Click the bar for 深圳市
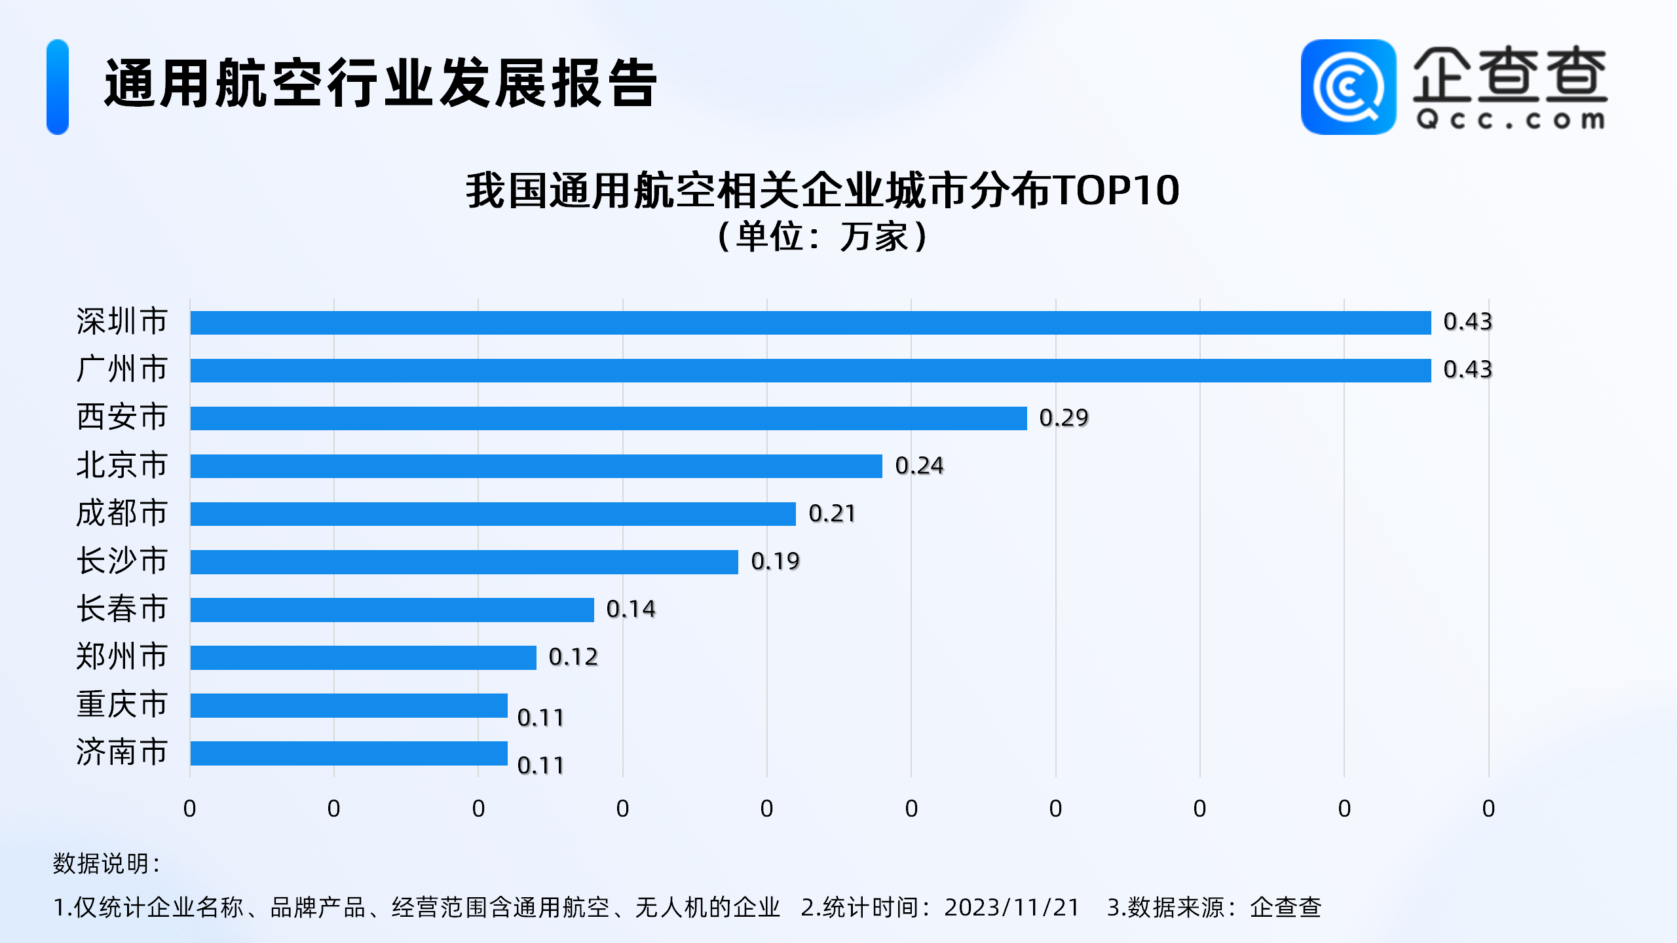point(810,323)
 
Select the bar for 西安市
point(608,418)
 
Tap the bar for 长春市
point(392,610)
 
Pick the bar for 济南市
point(349,753)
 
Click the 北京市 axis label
point(122,466)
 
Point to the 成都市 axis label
point(122,513)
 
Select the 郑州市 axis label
point(122,657)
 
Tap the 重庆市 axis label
point(122,705)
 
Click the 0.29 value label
point(1064,418)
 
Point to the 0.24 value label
point(919,466)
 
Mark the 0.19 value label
point(775,561)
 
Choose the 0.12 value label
point(573,657)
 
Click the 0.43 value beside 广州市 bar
point(1467,370)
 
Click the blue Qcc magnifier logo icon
point(1348,87)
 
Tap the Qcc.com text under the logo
point(1510,120)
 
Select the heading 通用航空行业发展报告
point(381,83)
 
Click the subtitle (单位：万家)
point(823,236)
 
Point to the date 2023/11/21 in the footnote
point(1011,908)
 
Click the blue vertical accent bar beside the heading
point(58,87)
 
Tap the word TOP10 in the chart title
point(1117,191)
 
